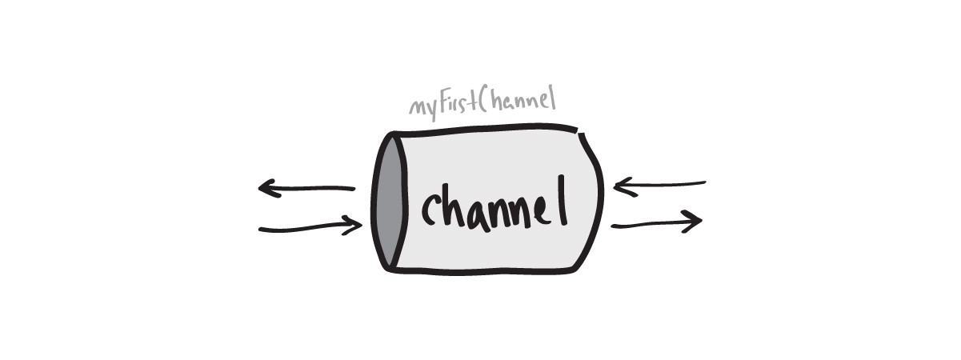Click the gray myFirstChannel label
tap(482, 105)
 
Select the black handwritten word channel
tap(494, 206)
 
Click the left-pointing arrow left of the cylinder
tap(306, 190)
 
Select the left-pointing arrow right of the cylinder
tap(659, 186)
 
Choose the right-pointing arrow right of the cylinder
tap(657, 224)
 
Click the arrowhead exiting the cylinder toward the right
tap(693, 222)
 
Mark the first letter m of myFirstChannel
tap(418, 109)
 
